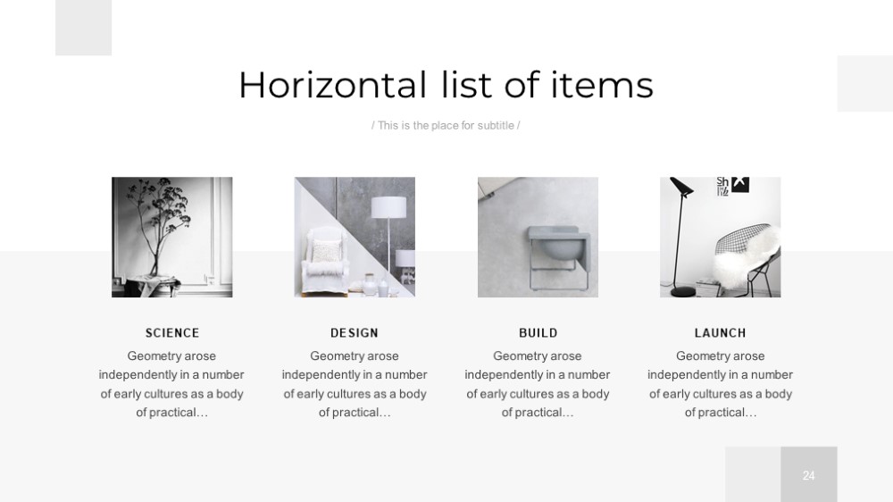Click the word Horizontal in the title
(332, 85)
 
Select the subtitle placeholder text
(446, 125)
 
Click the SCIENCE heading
(172, 333)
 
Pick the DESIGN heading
(355, 333)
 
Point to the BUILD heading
(538, 333)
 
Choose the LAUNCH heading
(721, 333)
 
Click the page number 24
(809, 475)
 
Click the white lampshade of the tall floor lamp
(389, 207)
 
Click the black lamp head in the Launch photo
(681, 186)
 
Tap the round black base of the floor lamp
(683, 292)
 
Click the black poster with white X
(739, 185)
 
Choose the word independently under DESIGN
(318, 375)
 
